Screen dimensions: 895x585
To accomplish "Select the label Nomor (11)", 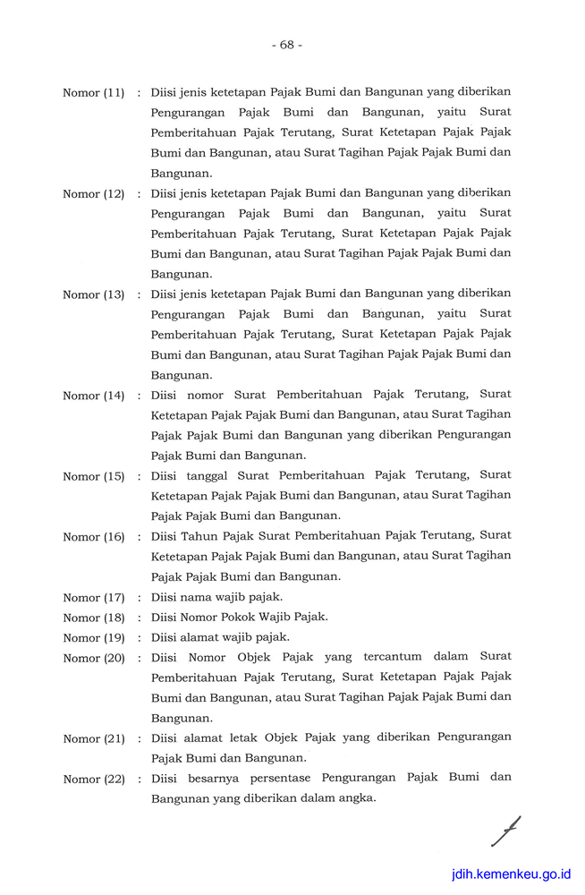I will point(93,93).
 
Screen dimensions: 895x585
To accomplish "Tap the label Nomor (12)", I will point(93,194).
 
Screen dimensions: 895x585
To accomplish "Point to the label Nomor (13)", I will point(93,294).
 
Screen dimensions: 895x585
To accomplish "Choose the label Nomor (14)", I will point(93,396).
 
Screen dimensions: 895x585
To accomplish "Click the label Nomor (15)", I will point(93,476).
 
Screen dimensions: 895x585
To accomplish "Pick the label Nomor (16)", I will point(93,537).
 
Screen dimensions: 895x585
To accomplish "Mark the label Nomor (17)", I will point(93,597).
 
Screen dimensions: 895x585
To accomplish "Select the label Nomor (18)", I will point(93,618).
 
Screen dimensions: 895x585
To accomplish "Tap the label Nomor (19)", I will point(93,638).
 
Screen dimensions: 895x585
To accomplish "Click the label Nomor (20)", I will point(93,658).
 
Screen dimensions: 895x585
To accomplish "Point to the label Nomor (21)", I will point(93,738).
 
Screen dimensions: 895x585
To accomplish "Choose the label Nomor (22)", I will point(93,779).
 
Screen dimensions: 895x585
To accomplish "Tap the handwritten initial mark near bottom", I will point(505,831).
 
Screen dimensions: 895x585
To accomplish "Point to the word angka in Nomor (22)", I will point(355,797).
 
